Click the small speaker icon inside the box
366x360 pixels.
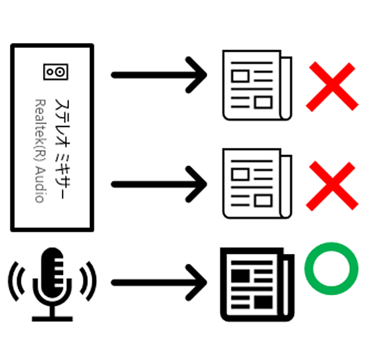pos(56,72)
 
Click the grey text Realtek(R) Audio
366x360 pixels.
pos(40,151)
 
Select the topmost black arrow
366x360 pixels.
pos(159,75)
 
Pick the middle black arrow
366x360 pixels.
pos(159,185)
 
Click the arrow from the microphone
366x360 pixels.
pos(159,283)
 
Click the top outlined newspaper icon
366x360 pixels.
pos(257,85)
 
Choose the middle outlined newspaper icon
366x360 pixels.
pos(257,183)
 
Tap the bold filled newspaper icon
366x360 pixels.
pos(257,285)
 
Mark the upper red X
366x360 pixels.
pos(332,87)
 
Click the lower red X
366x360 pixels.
pos(332,186)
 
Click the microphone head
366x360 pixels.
pos(52,273)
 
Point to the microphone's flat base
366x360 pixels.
pos(52,319)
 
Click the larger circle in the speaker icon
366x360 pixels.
pos(60,72)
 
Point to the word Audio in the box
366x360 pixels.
pos(40,185)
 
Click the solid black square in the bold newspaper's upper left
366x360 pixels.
pos(240,276)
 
